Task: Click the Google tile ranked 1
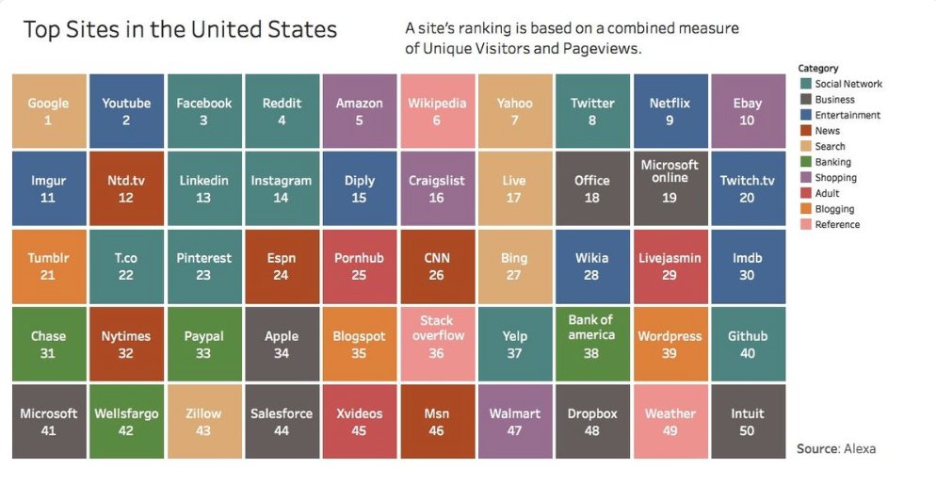[48, 111]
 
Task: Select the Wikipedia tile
[436, 111]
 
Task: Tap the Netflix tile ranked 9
[669, 111]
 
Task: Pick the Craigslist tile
[436, 188]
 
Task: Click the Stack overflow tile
[436, 344]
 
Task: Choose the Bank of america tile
[590, 344]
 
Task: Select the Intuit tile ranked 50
[747, 421]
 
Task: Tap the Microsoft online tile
[669, 188]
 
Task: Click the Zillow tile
[203, 421]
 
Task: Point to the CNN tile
[436, 266]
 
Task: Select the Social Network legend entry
[848, 84]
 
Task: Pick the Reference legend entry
[837, 225]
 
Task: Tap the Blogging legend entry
[834, 209]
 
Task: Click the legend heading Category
[817, 68]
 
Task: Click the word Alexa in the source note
[859, 449]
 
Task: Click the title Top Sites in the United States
[179, 30]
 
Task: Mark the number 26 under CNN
[436, 275]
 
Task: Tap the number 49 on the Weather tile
[670, 430]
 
